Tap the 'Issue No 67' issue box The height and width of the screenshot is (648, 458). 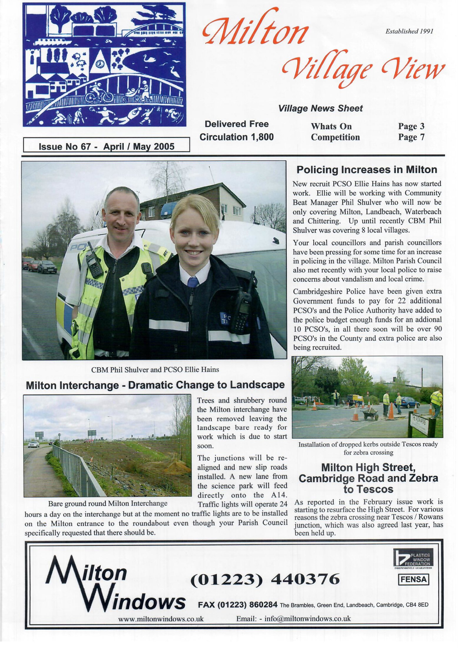[106, 146]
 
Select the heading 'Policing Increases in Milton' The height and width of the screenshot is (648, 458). [367, 170]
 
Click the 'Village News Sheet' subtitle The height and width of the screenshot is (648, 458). [320, 108]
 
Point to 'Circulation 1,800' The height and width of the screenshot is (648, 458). [237, 137]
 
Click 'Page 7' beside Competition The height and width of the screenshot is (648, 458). [411, 137]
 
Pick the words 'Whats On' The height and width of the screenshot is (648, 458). [331, 126]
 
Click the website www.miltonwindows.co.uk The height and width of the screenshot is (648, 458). [161, 619]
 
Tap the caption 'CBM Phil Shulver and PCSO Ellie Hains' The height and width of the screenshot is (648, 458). [155, 369]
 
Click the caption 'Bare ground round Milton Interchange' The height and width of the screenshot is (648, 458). [108, 503]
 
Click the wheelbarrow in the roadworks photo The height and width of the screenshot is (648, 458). [371, 413]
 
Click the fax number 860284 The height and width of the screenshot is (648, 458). [263, 605]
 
